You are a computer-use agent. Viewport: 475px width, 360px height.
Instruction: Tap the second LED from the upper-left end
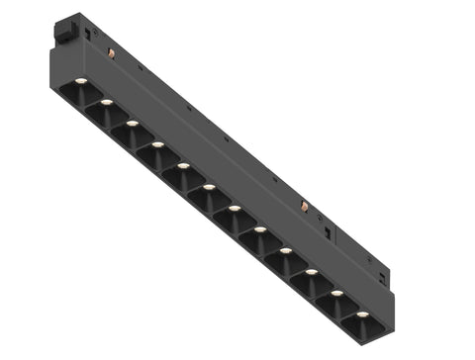tap(106, 102)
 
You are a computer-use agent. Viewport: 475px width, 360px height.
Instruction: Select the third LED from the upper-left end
tap(132, 124)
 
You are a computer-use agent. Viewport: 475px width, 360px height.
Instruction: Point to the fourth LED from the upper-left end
tap(157, 144)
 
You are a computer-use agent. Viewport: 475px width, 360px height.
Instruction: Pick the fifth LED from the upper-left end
tap(183, 165)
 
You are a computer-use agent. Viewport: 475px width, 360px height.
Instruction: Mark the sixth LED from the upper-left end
tap(209, 187)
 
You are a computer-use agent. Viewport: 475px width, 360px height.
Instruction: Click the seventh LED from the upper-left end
tap(235, 209)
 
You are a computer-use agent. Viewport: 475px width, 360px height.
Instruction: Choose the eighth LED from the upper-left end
tap(259, 229)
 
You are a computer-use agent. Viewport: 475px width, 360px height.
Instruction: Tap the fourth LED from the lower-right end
tap(285, 251)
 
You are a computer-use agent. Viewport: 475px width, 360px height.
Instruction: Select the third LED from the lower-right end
tap(311, 272)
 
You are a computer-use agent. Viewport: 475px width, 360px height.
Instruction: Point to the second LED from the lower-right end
tap(336, 294)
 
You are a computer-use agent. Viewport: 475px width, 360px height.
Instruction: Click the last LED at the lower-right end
tap(362, 315)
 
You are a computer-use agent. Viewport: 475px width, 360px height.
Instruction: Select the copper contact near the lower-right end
tap(304, 207)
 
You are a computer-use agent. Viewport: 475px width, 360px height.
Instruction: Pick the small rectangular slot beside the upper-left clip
tap(88, 35)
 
